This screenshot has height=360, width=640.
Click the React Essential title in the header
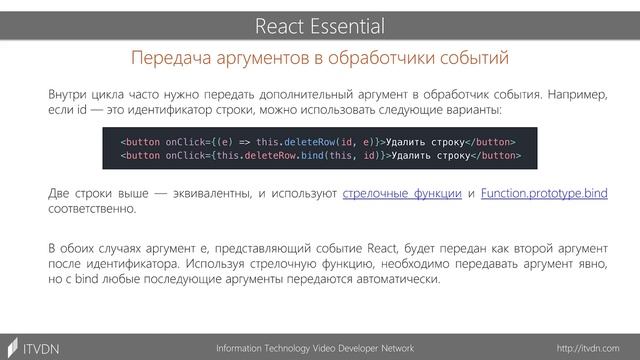(320, 24)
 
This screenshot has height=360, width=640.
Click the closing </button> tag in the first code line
(492, 141)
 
